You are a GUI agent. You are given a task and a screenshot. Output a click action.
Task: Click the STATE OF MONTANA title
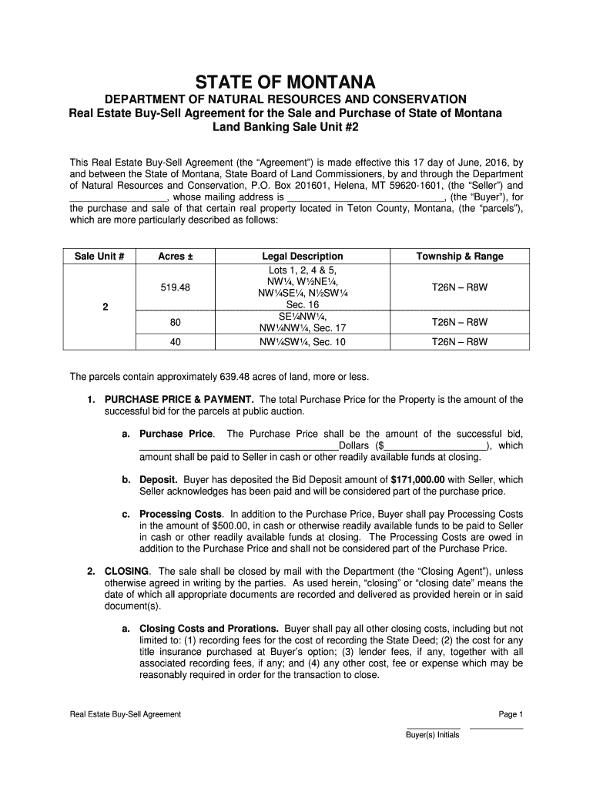(x=296, y=82)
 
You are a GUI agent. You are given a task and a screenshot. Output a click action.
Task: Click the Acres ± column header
(x=175, y=257)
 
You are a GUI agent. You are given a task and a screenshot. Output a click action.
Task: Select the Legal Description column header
(x=302, y=257)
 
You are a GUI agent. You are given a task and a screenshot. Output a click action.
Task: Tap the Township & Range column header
(x=459, y=257)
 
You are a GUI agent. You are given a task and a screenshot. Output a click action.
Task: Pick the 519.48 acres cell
(x=175, y=287)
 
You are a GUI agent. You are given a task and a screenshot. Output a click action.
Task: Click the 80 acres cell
(x=175, y=323)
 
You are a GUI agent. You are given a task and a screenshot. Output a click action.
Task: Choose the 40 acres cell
(x=175, y=341)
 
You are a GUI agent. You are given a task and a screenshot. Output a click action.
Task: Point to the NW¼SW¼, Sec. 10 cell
(x=302, y=341)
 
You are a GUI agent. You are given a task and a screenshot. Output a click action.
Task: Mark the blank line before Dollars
(x=239, y=446)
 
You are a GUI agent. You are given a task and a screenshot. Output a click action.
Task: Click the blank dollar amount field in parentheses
(x=434, y=446)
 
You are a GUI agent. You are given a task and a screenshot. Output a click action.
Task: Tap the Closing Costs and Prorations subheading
(x=209, y=629)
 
